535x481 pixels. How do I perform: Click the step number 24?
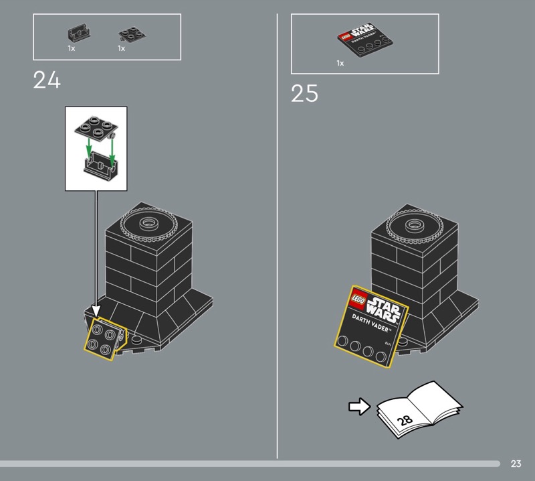[x=47, y=80]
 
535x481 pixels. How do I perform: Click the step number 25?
[x=304, y=93]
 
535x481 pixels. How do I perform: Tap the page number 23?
[x=516, y=464]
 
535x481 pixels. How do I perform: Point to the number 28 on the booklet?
[x=405, y=420]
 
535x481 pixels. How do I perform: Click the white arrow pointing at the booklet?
[x=359, y=407]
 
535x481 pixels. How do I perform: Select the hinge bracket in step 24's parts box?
[x=80, y=33]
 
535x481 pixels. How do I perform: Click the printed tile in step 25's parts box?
[x=365, y=40]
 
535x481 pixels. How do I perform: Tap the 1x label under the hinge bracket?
[x=72, y=48]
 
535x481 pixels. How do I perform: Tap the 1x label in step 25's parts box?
[x=340, y=63]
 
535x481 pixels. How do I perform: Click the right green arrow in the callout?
[x=112, y=150]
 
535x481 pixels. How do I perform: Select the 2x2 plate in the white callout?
[x=96, y=128]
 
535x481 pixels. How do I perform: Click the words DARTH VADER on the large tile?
[x=370, y=323]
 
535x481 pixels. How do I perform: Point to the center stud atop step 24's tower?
[x=148, y=223]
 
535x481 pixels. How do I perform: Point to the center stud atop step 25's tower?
[x=414, y=225]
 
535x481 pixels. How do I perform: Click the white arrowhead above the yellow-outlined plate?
[x=96, y=311]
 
